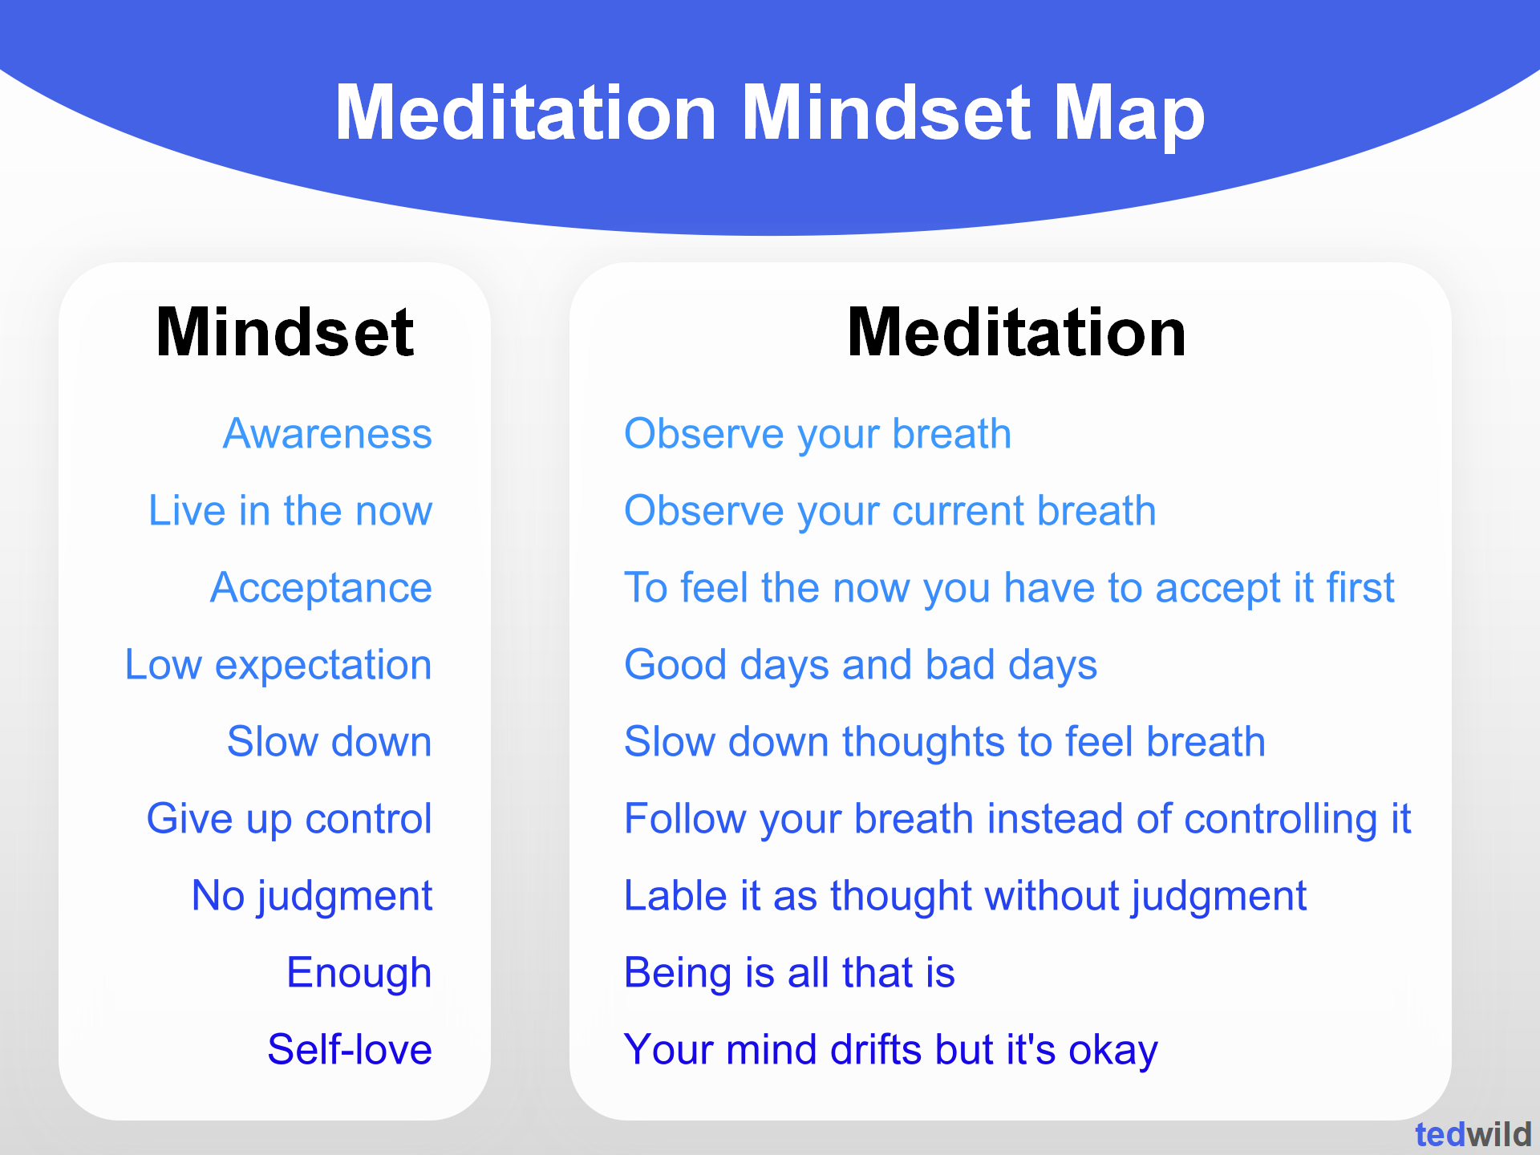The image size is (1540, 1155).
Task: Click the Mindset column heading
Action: (285, 333)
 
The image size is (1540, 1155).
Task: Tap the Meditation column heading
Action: (1016, 333)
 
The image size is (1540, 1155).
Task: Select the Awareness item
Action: (327, 434)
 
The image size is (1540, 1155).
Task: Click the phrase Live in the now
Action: (290, 511)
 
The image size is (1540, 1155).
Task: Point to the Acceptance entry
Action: (321, 588)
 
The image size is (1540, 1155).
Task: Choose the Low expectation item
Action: (278, 665)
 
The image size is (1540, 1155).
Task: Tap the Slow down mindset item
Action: (329, 742)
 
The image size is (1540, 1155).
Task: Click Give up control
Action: (289, 819)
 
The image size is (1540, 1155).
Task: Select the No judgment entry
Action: (312, 896)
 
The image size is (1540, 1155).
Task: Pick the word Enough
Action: (359, 973)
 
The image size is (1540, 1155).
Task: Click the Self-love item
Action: (350, 1050)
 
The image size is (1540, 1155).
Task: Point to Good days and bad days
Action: (860, 665)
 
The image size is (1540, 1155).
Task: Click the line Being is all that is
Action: (789, 973)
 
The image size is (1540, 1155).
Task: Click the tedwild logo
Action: (1473, 1135)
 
